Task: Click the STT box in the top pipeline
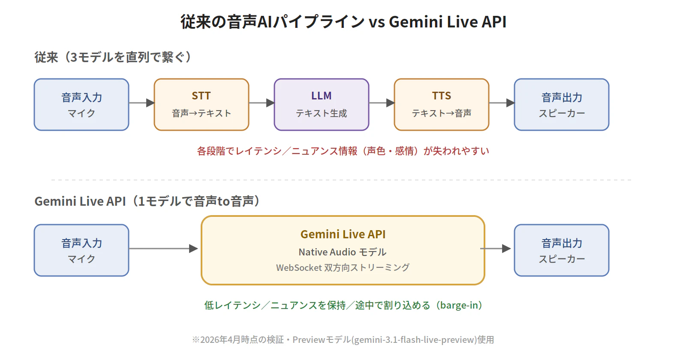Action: pos(202,105)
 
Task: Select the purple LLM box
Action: pos(322,105)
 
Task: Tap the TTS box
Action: pos(442,105)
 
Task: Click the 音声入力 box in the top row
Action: pos(81,105)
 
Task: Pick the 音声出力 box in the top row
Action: pos(562,105)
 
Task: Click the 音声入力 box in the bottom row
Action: pos(81,250)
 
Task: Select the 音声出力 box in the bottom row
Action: pos(562,250)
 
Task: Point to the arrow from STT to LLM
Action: pos(262,103)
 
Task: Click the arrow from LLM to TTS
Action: pos(382,103)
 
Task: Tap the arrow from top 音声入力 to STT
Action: pos(141,103)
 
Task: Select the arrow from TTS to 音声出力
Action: pos(502,103)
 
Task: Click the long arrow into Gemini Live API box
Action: pos(163,249)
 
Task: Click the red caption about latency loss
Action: pos(343,151)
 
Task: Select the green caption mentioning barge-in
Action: pos(343,305)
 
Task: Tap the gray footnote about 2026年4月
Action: pos(343,340)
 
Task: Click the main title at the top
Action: pos(343,21)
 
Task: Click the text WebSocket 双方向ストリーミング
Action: pos(343,268)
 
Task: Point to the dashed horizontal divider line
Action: pos(341,180)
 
